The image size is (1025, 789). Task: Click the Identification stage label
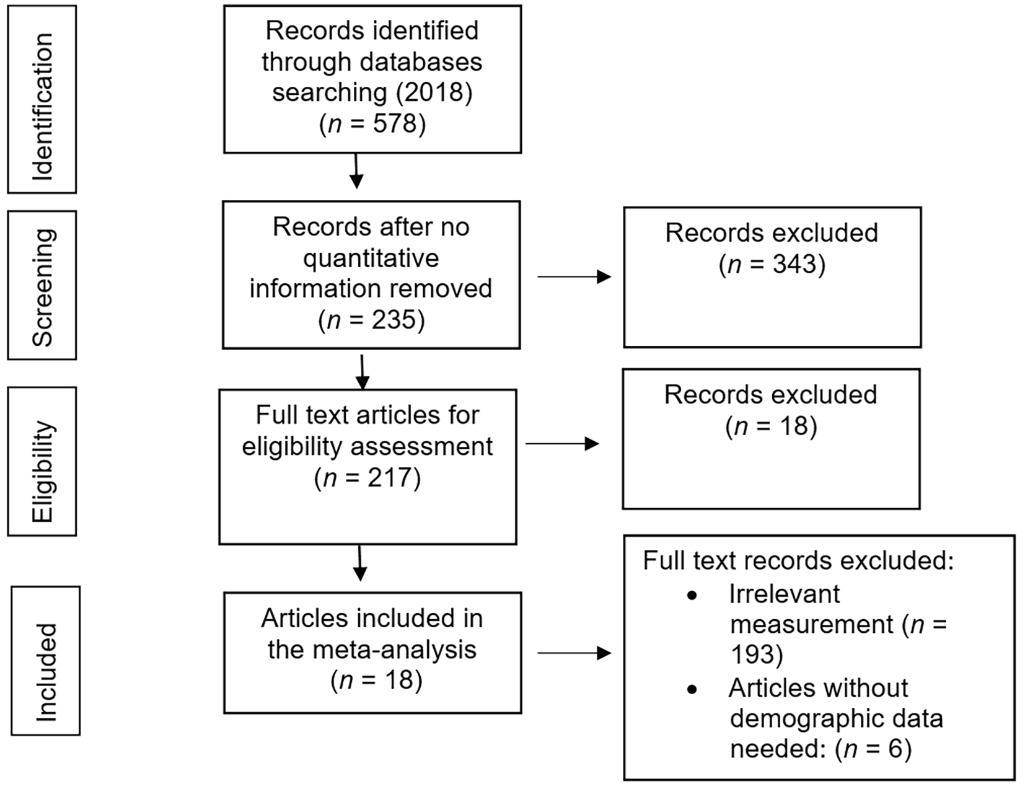43,107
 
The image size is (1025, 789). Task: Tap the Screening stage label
43,288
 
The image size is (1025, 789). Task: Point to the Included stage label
46,672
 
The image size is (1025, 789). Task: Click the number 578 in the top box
395,123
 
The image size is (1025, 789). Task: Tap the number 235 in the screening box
394,320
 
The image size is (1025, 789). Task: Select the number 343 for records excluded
795,263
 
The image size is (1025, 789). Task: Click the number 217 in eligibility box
390,478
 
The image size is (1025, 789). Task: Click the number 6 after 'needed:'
895,749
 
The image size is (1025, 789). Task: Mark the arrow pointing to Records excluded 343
574,277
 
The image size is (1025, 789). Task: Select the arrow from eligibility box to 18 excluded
562,444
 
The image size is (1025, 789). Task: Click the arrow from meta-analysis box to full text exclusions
574,653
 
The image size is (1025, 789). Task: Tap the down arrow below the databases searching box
356,171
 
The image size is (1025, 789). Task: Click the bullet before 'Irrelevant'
692,596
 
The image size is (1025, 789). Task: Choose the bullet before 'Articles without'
692,690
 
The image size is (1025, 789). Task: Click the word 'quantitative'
371,258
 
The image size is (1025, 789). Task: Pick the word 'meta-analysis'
396,650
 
